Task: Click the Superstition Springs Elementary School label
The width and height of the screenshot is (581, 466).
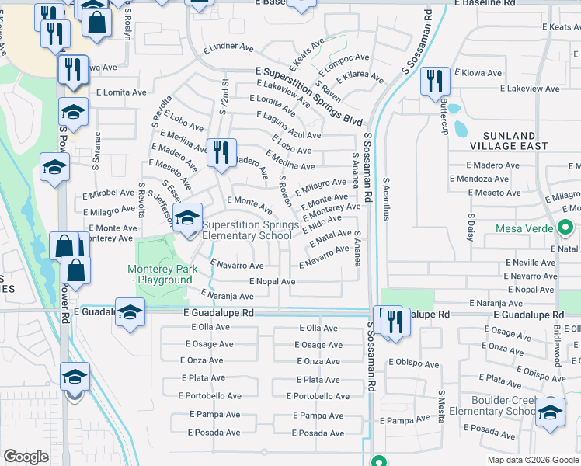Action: coord(249,230)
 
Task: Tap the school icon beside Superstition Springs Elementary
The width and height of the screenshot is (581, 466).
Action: coord(187,217)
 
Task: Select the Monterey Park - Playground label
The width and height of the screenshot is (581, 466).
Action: coord(162,274)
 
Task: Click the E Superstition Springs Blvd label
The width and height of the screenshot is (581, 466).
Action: coord(310,96)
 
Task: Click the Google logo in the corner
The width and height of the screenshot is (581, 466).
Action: coord(26,457)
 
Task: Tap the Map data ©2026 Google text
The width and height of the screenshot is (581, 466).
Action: coord(533,459)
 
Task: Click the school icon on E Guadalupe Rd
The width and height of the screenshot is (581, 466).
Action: coord(130,312)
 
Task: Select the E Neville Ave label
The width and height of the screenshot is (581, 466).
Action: coord(531,262)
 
